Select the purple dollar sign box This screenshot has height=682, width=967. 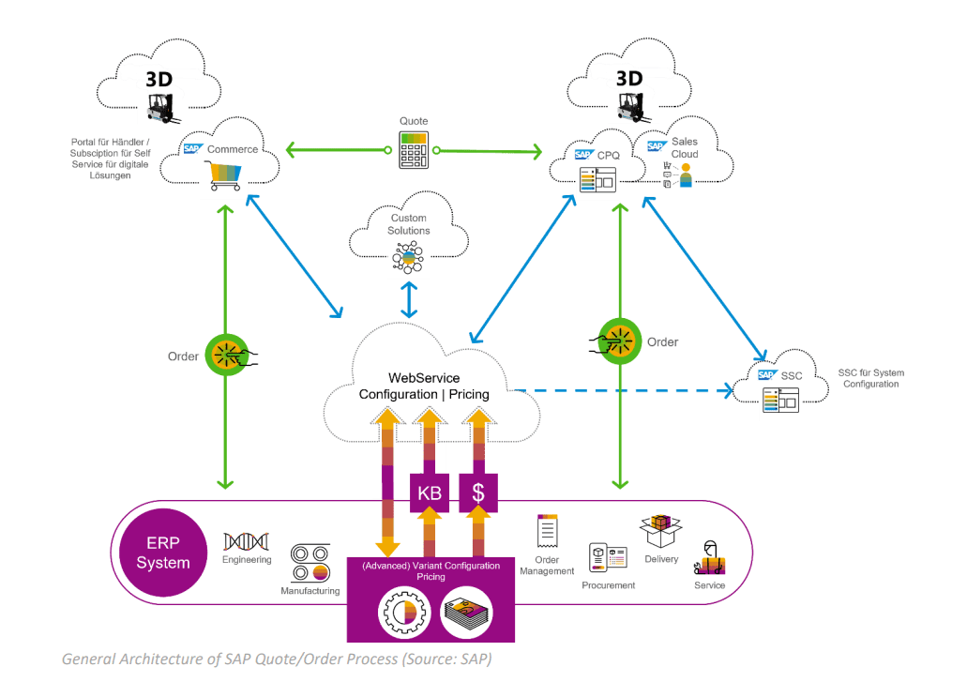[x=478, y=492]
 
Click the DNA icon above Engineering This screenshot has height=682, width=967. [x=244, y=541]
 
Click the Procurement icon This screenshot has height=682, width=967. [x=607, y=558]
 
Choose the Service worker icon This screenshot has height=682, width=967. [x=710, y=560]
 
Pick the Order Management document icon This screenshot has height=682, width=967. [x=547, y=531]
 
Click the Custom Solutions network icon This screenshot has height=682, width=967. [x=408, y=256]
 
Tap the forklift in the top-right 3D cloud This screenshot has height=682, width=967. [x=640, y=106]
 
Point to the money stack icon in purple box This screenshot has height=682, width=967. [x=466, y=612]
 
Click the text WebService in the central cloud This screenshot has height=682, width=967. [x=424, y=378]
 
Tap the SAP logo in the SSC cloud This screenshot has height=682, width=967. [x=767, y=375]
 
